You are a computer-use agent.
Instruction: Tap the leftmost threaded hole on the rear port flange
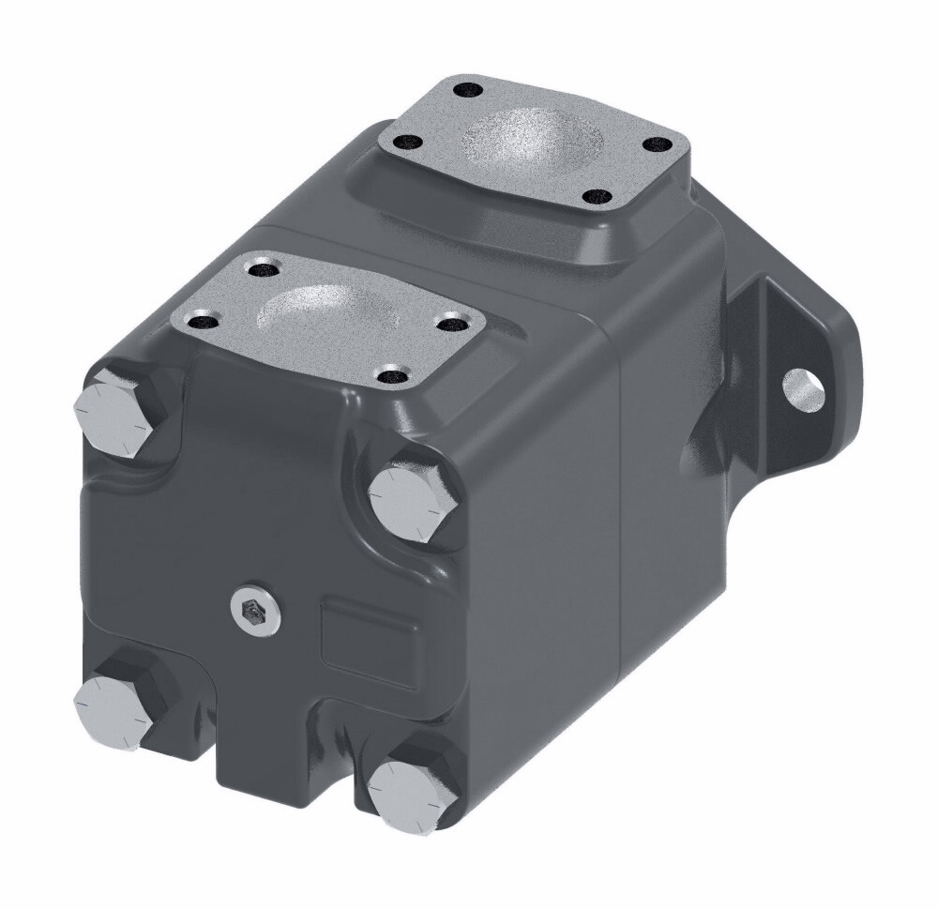[x=407, y=144]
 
